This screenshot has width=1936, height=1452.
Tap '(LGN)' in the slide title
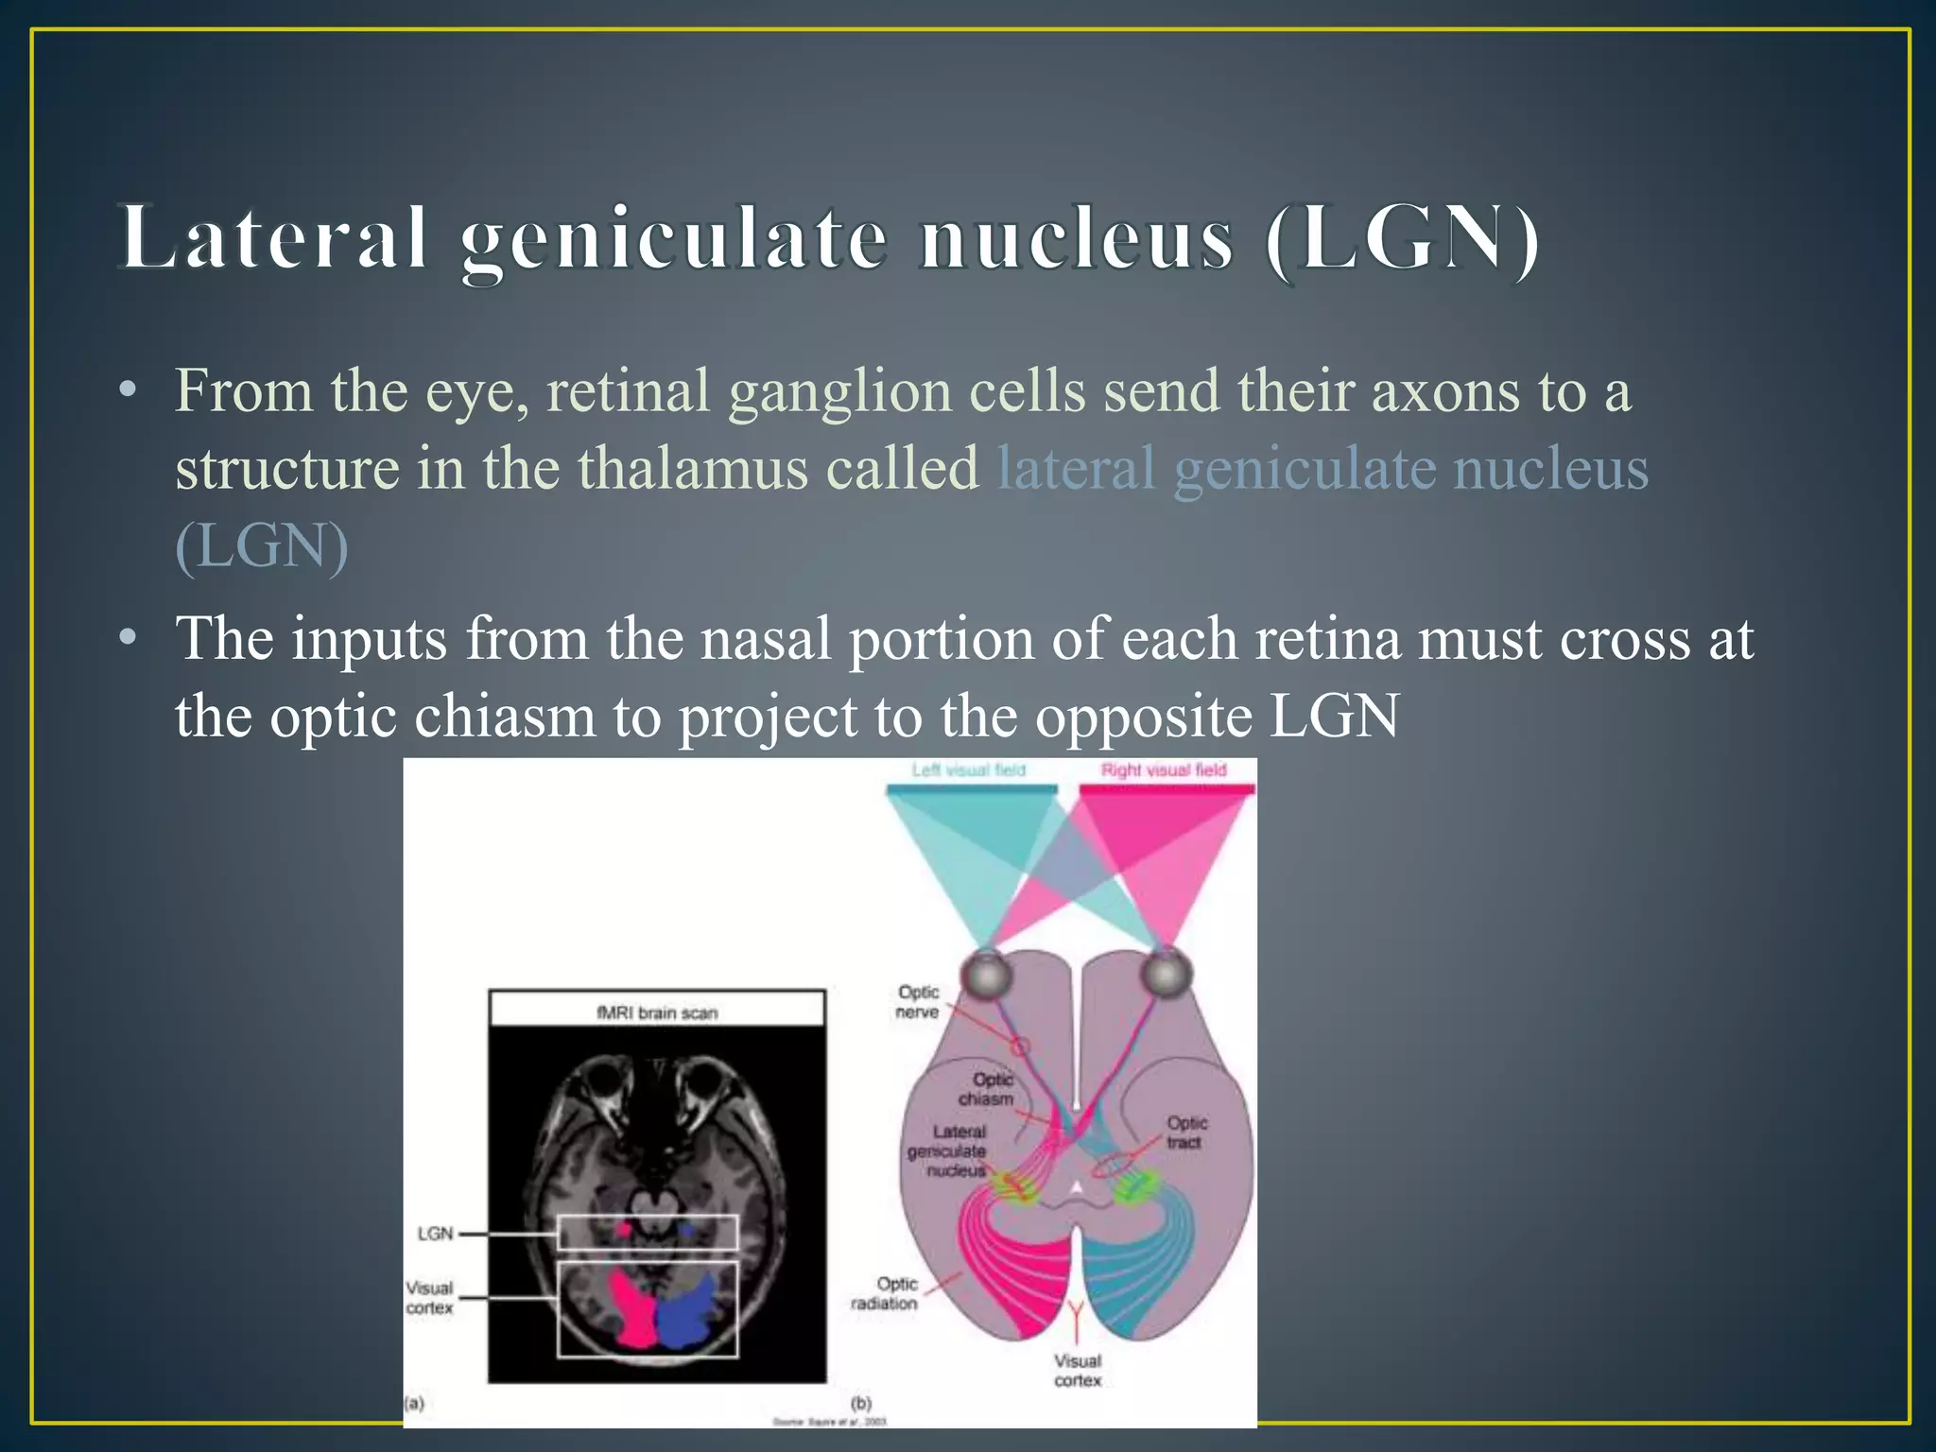pyautogui.click(x=1403, y=238)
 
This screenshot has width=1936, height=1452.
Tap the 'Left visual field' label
pyautogui.click(x=968, y=770)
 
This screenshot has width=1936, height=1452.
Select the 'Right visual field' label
pyautogui.click(x=1163, y=770)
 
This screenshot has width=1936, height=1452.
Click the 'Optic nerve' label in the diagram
pyautogui.click(x=917, y=1002)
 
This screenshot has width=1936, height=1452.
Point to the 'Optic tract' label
pyautogui.click(x=1185, y=1132)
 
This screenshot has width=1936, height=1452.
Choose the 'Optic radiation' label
pyautogui.click(x=884, y=1293)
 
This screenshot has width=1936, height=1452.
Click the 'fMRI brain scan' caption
pyautogui.click(x=657, y=1013)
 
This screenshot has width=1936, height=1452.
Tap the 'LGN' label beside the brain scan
pyautogui.click(x=435, y=1234)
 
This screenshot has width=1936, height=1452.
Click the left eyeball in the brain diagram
pyautogui.click(x=985, y=974)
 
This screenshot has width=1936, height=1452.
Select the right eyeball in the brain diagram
pyautogui.click(x=1166, y=974)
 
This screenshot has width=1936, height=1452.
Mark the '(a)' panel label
pyautogui.click(x=414, y=1404)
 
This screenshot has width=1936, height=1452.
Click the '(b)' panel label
pyautogui.click(x=861, y=1404)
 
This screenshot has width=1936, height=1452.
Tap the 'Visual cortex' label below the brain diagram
pyautogui.click(x=1078, y=1371)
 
